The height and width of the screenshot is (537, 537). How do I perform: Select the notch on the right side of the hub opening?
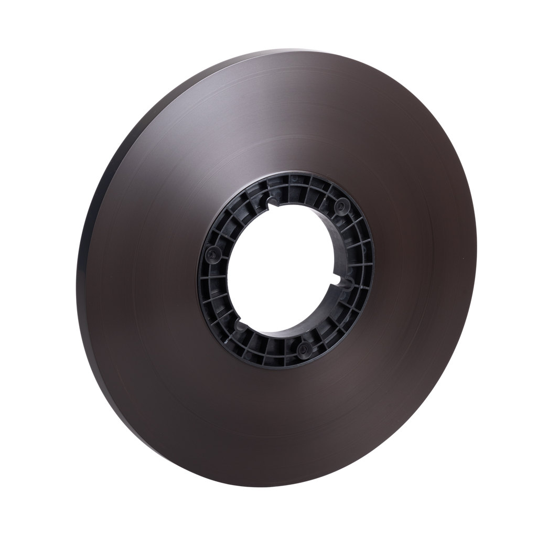(347, 283)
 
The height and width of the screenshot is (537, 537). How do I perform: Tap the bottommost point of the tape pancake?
(273, 488)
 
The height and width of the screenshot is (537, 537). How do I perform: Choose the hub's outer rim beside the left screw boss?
(200, 257)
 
